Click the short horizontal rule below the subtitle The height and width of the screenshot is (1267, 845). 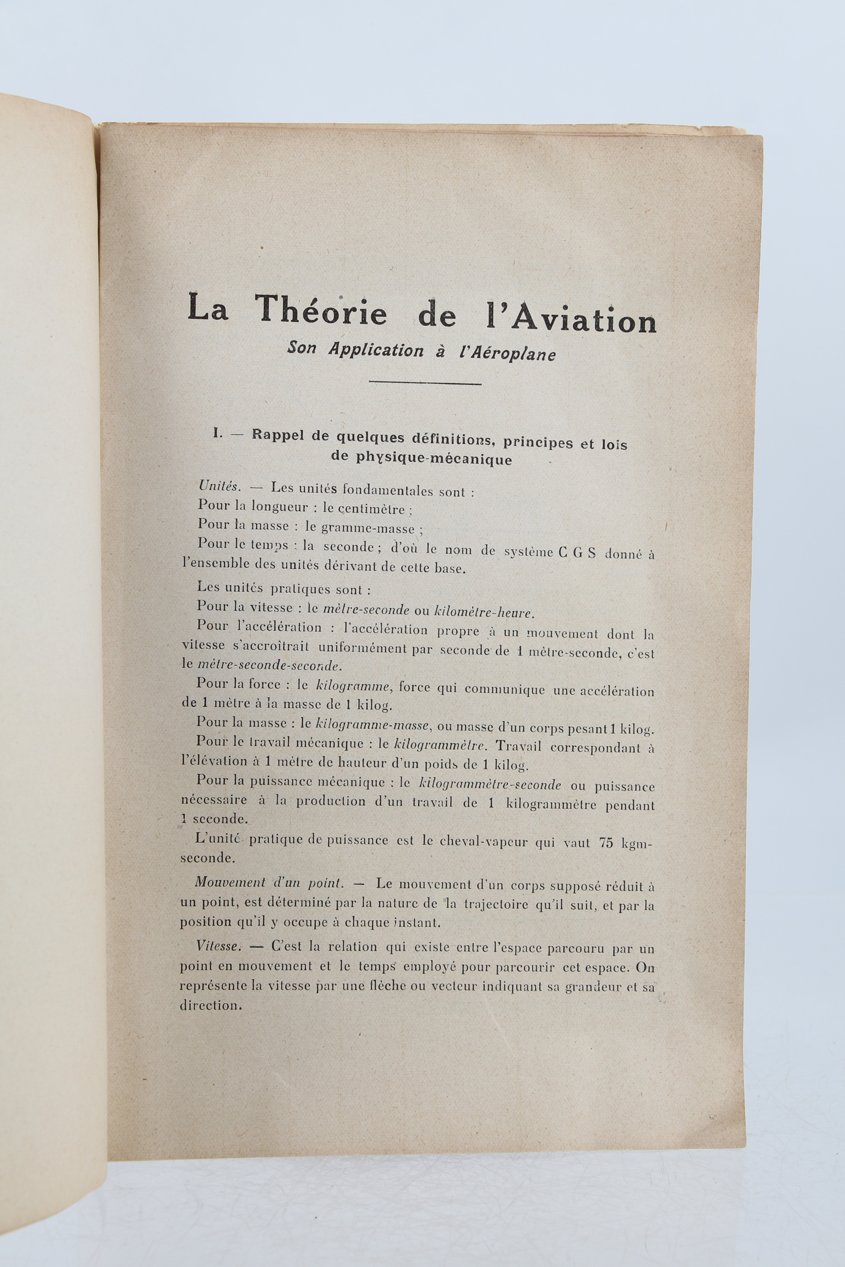point(425,383)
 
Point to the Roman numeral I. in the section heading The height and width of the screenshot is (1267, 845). point(218,434)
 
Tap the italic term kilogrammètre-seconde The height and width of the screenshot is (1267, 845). point(490,785)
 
